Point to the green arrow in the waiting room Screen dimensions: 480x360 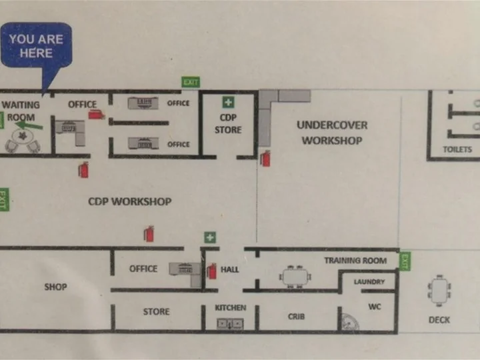(29, 125)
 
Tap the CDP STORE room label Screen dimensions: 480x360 (228, 124)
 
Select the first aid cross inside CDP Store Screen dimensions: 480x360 (229, 102)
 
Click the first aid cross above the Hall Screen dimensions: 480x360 (210, 237)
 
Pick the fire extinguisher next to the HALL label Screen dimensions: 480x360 (211, 271)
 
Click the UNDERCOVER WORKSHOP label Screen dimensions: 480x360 (332, 133)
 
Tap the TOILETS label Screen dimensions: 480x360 (457, 149)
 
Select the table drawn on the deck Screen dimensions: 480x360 (439, 290)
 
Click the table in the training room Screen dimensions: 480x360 (295, 277)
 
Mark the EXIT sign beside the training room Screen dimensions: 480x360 (405, 261)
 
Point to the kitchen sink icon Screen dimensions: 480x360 (230, 323)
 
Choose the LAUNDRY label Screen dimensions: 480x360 (369, 281)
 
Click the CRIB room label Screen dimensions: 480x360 (296, 316)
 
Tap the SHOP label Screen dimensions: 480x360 (56, 287)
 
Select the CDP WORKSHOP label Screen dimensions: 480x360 (130, 201)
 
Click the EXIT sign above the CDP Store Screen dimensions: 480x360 (191, 82)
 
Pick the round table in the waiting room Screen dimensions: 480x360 (23, 136)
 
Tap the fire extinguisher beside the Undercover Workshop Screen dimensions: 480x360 (265, 158)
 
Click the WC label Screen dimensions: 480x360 (375, 307)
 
